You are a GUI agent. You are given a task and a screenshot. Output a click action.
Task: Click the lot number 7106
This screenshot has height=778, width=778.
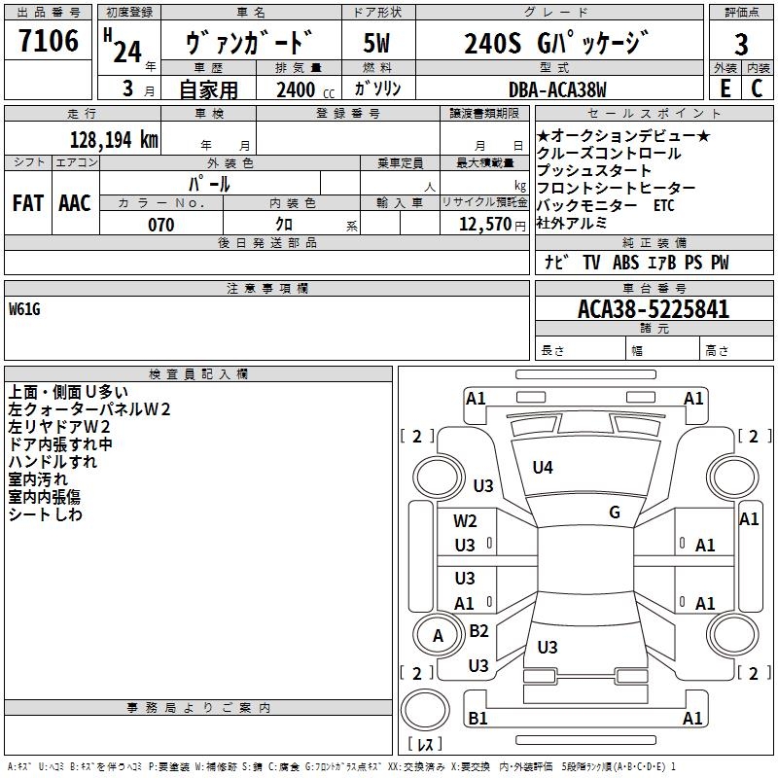click(49, 42)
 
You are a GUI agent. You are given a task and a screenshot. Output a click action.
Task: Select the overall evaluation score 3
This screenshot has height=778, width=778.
click(741, 45)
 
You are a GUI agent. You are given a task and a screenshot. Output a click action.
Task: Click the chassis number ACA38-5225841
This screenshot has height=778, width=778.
click(654, 310)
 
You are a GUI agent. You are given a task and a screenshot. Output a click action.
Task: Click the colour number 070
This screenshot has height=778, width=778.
click(160, 225)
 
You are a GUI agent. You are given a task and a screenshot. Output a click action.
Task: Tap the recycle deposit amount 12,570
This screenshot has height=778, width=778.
click(483, 225)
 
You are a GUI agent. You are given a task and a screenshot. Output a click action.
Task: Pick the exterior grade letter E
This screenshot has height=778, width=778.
click(724, 88)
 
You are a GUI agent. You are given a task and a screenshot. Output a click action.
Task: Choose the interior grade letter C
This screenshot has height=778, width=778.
click(757, 88)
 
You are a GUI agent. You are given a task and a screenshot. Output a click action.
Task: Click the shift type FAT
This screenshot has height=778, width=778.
click(28, 203)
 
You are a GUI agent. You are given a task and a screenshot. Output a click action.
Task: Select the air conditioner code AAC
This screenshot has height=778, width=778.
click(75, 203)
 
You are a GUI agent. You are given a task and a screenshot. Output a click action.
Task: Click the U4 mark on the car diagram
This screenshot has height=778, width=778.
click(543, 468)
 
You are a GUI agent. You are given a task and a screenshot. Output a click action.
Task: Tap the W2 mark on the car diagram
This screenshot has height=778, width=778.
click(466, 521)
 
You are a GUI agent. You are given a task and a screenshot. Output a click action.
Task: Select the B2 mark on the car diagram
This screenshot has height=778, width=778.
click(478, 631)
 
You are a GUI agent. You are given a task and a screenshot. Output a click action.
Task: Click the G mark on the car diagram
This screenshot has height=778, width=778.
click(615, 513)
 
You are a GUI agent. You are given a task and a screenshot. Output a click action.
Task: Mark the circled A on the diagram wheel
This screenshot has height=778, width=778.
click(438, 636)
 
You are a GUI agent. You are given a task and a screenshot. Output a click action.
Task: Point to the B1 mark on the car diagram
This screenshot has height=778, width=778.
click(477, 719)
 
